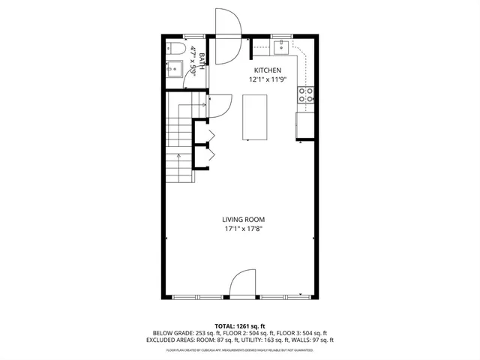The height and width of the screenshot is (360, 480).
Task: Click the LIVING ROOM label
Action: [x=243, y=219]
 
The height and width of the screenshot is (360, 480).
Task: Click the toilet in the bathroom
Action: [x=175, y=49]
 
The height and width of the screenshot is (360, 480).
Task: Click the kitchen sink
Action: [x=282, y=49]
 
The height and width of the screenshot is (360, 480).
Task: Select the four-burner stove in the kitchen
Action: [x=307, y=94]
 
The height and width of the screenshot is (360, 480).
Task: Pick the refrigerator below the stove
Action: [x=305, y=125]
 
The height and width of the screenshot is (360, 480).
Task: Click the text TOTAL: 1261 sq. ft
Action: [x=239, y=325]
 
